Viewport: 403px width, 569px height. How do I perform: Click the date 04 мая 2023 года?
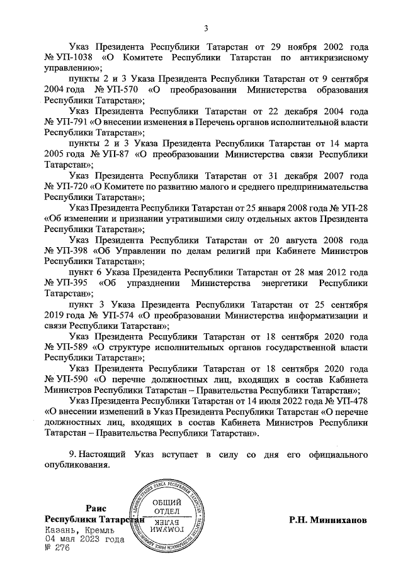point(83,539)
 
